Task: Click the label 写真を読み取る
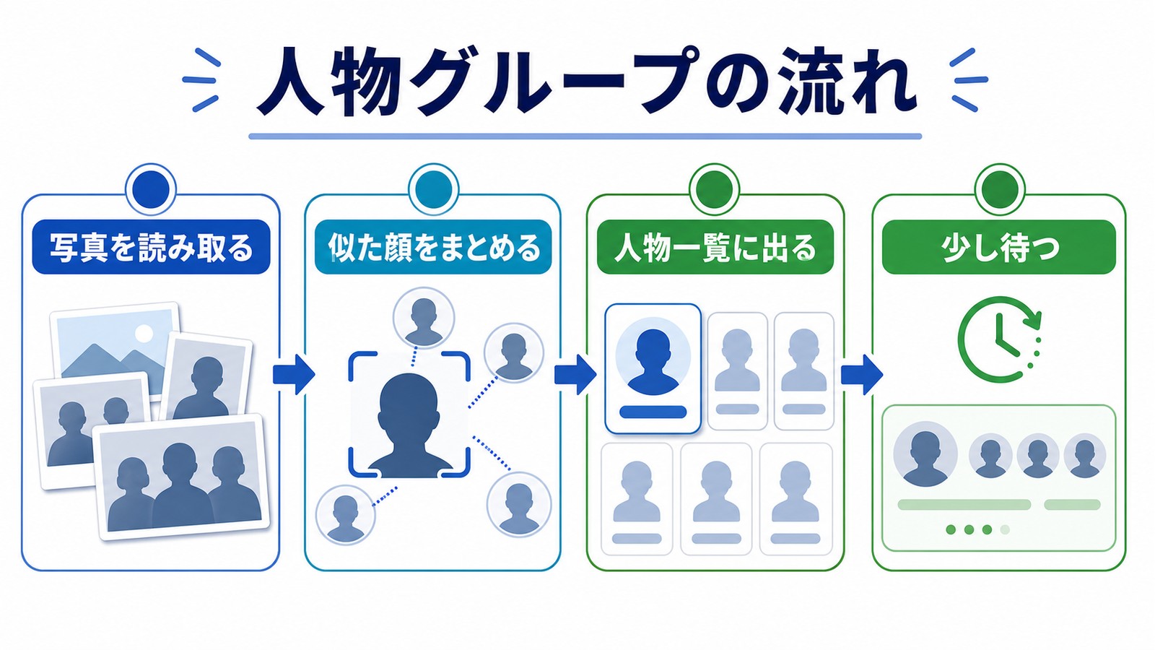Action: (x=151, y=248)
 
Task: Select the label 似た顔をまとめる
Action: (x=433, y=248)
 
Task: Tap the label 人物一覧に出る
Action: (x=715, y=248)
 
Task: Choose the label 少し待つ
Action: (x=999, y=248)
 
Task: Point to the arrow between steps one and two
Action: (x=294, y=374)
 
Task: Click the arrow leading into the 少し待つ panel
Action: (x=862, y=374)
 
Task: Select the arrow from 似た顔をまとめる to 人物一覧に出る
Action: (x=575, y=374)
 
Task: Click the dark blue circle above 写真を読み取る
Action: (x=151, y=189)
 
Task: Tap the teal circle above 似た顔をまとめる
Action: (x=433, y=189)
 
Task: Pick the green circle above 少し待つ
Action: (x=1000, y=189)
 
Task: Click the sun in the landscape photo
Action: (x=144, y=333)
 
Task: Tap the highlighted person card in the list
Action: (x=653, y=369)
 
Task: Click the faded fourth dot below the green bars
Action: (x=1005, y=530)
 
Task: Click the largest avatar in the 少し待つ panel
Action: (x=925, y=454)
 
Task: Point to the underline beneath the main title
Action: (x=585, y=136)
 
